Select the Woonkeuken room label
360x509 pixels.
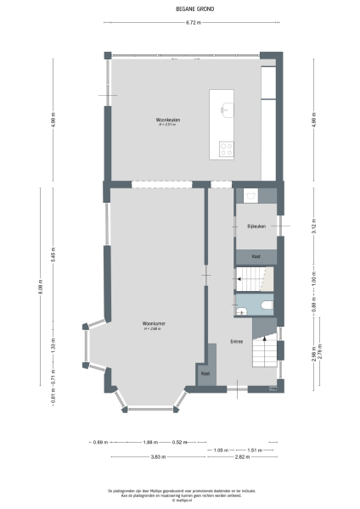(x=166, y=120)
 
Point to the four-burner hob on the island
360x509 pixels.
(x=227, y=149)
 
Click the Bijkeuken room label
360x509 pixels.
(x=256, y=227)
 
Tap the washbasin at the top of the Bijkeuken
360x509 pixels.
(x=250, y=196)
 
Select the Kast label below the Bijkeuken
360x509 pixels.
(x=256, y=255)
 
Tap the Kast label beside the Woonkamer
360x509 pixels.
(x=205, y=373)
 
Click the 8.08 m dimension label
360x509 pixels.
(x=40, y=291)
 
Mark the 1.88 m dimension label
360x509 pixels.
(x=149, y=442)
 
